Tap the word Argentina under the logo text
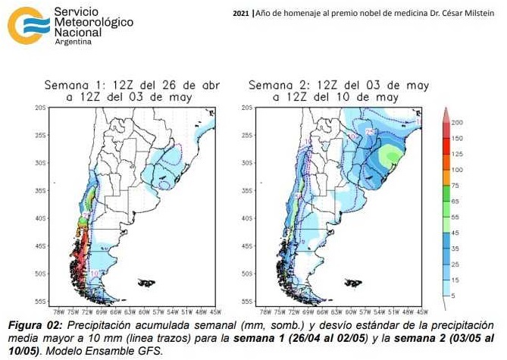point(74,42)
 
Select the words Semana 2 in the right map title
point(274,86)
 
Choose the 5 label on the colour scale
point(452,296)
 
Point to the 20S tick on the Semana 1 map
point(41,108)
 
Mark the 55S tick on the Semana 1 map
point(41,301)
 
